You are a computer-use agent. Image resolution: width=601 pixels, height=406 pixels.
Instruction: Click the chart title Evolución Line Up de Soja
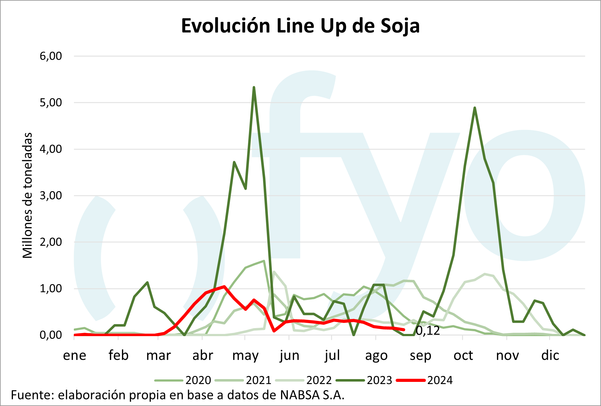(x=300, y=26)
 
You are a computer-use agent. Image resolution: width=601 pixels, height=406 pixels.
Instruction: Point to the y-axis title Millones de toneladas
(x=27, y=195)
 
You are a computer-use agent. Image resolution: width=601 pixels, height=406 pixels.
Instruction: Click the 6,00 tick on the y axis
(x=51, y=56)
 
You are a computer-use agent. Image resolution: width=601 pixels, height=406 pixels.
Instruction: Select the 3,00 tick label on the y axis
(x=51, y=195)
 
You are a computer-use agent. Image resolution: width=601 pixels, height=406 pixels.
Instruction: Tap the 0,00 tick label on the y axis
(x=51, y=335)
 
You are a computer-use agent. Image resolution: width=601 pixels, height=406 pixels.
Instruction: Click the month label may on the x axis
(x=245, y=356)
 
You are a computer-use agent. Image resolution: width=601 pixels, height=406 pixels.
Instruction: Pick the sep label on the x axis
(x=420, y=356)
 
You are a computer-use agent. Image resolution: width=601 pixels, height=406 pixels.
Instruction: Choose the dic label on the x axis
(x=550, y=356)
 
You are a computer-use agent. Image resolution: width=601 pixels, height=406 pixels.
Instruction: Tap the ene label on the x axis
(x=74, y=356)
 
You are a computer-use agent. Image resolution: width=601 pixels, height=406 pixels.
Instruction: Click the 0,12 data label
(x=428, y=331)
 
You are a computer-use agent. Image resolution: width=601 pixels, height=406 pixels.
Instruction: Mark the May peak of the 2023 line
(x=254, y=88)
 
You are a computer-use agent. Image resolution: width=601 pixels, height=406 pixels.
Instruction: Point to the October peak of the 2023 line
(x=474, y=108)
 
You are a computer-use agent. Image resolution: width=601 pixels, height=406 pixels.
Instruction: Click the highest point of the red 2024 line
(x=224, y=286)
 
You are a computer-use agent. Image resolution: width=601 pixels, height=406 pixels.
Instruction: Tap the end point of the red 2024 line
(x=404, y=330)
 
